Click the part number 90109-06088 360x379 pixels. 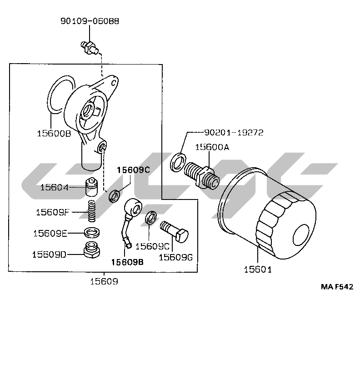pyautogui.click(x=90, y=21)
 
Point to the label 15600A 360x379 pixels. pyautogui.click(x=212, y=147)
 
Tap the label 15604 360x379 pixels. pyautogui.click(x=54, y=187)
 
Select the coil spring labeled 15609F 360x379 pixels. pyautogui.click(x=92, y=211)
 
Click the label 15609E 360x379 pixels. pyautogui.click(x=50, y=233)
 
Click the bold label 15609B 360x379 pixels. pyautogui.click(x=128, y=261)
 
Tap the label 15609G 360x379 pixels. pyautogui.click(x=176, y=257)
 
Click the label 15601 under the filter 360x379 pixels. pyautogui.click(x=258, y=269)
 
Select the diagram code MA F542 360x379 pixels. pyautogui.click(x=337, y=287)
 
